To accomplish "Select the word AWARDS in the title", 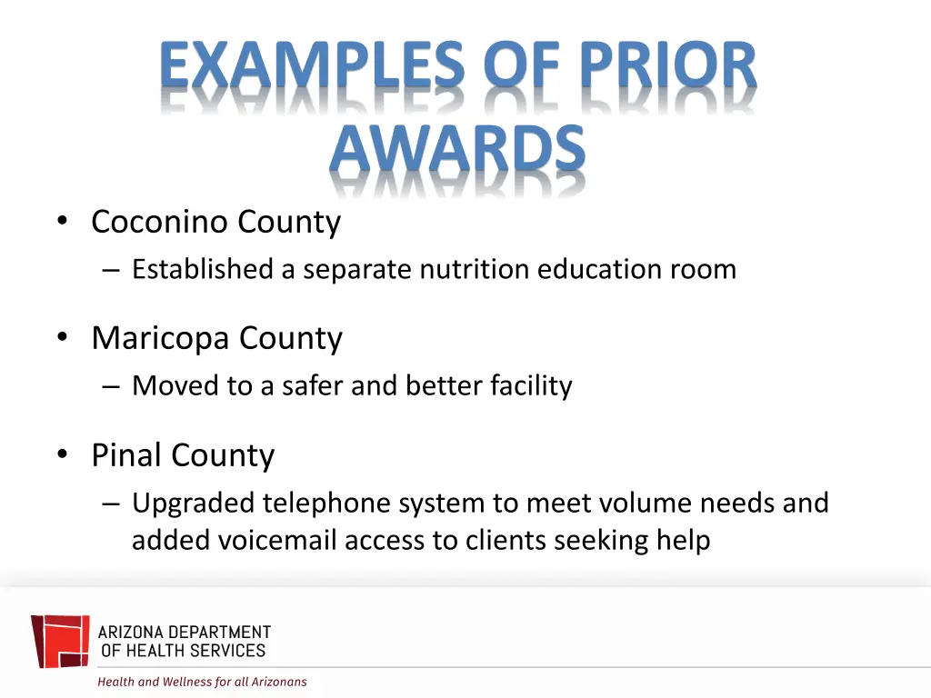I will click(457, 150).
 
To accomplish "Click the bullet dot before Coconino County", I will click(62, 222).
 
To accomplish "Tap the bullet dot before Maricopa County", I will click(62, 339).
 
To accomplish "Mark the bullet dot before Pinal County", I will click(62, 455).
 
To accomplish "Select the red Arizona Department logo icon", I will click(60, 641).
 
